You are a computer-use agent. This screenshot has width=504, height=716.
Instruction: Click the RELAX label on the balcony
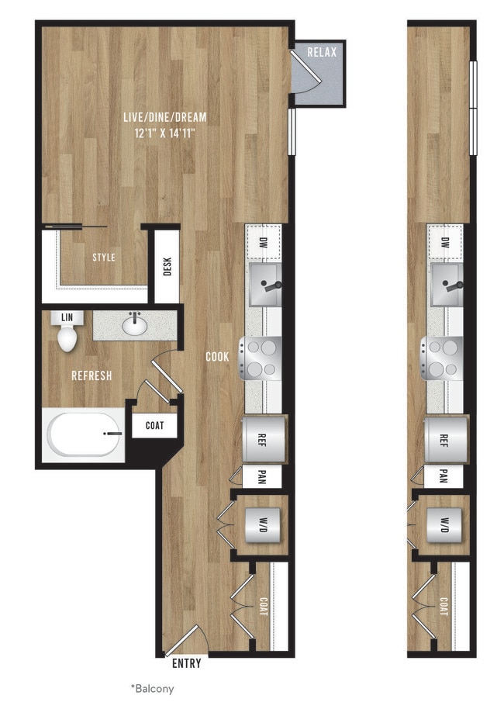[x=322, y=53]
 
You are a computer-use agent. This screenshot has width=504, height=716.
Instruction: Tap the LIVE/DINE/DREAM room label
[x=165, y=117]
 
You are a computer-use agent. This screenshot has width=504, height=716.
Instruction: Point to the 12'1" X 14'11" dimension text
[x=164, y=133]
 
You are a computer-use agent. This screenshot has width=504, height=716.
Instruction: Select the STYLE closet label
[x=103, y=258]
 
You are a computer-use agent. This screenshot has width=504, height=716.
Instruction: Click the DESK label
[x=167, y=267]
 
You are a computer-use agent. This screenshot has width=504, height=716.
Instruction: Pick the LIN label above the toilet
[x=67, y=317]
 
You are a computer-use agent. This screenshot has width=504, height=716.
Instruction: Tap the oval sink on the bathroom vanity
[x=135, y=326]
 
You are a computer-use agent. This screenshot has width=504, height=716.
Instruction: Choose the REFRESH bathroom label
[x=91, y=375]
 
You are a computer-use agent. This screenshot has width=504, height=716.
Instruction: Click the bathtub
[x=84, y=435]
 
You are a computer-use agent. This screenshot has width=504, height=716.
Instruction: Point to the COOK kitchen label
[x=216, y=357]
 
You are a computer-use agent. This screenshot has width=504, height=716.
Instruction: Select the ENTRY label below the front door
[x=185, y=663]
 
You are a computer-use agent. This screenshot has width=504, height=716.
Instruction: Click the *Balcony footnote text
[x=152, y=688]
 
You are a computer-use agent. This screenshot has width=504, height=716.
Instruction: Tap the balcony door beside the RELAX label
[x=302, y=74]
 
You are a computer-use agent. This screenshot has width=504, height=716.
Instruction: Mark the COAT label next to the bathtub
[x=154, y=426]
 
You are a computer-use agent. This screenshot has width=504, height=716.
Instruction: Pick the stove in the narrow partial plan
[x=442, y=358]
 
